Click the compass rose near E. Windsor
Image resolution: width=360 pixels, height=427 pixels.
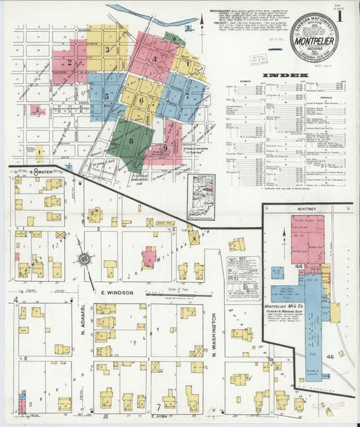(x=85, y=259)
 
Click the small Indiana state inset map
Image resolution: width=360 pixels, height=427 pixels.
(x=201, y=197)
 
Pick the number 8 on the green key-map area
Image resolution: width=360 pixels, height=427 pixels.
(x=130, y=141)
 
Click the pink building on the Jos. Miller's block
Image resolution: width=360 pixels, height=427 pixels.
(x=148, y=257)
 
